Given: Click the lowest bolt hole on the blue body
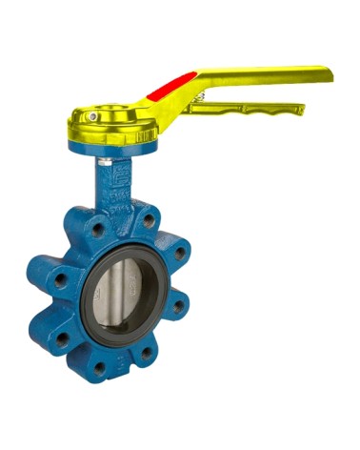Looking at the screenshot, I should click(x=99, y=366).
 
